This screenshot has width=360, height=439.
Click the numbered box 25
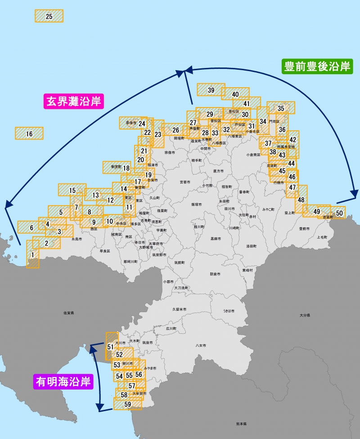click(x=49, y=16)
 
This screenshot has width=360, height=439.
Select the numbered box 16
click(x=29, y=134)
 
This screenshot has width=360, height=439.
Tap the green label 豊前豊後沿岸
click(x=317, y=67)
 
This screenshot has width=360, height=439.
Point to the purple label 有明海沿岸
click(x=63, y=382)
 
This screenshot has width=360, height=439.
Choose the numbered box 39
click(x=211, y=90)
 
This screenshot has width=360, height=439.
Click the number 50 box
click(x=339, y=212)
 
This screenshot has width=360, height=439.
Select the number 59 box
click(x=127, y=404)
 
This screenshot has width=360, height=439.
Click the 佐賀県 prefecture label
click(x=69, y=312)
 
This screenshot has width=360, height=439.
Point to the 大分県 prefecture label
click(x=305, y=316)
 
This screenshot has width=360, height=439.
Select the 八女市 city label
click(x=201, y=345)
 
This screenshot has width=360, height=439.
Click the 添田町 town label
click(x=251, y=246)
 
